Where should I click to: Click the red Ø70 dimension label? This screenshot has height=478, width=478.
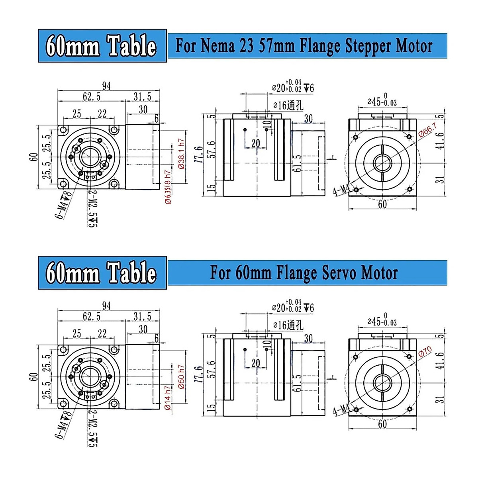pyautogui.click(x=425, y=352)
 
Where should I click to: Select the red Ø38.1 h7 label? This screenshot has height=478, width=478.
pyautogui.click(x=182, y=154)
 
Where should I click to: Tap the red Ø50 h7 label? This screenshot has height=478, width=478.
pyautogui.click(x=182, y=377)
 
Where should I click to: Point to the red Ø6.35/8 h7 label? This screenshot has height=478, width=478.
pyautogui.click(x=168, y=187)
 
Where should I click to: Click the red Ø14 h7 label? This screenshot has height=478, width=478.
pyautogui.click(x=168, y=398)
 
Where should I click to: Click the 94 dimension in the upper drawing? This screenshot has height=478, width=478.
pyautogui.click(x=106, y=86)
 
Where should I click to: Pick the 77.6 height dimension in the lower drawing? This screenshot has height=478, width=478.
pyautogui.click(x=198, y=375)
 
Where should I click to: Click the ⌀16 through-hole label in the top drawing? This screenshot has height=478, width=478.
pyautogui.click(x=288, y=106)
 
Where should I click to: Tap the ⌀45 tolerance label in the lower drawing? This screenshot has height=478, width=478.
pyautogui.click(x=382, y=321)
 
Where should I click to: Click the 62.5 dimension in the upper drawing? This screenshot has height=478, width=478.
pyautogui.click(x=92, y=97)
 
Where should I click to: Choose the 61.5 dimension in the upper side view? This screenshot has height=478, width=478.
pyautogui.click(x=297, y=163)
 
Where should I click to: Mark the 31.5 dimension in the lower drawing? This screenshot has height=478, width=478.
pyautogui.click(x=142, y=317)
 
